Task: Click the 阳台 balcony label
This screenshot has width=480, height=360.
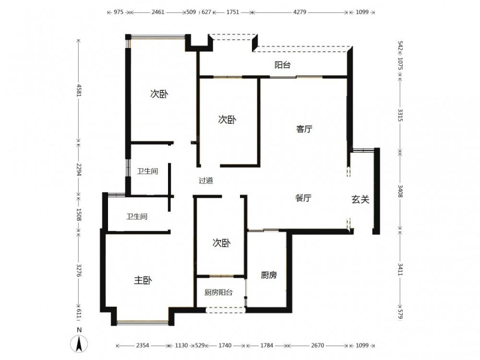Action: pos(282,65)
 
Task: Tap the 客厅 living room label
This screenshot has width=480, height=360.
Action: pos(304,129)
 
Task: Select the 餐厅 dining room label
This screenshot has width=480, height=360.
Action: pos(303,198)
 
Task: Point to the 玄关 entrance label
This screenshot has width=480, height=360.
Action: pos(360,200)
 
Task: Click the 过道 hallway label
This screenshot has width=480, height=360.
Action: pos(206,180)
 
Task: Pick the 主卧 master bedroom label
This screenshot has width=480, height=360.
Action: pos(143,280)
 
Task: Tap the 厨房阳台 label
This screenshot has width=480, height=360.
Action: pos(218,292)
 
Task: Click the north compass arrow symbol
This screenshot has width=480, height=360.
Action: pos(79,344)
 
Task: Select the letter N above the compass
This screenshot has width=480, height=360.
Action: pos(79,330)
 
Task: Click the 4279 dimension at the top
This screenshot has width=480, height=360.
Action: pos(300,12)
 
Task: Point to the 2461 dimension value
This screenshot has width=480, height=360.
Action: pos(158,12)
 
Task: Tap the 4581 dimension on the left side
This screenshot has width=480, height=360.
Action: pos(79,90)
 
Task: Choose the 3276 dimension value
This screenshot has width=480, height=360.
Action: pos(79,271)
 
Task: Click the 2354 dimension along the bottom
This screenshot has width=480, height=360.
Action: pos(143,345)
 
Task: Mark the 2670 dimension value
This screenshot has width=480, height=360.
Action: pos(317,345)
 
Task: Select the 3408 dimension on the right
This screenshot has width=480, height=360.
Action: pos(400,191)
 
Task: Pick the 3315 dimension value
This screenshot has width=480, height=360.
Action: pos(400,115)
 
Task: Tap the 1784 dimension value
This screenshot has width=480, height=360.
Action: pos(266,345)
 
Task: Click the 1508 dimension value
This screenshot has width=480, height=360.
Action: pos(79,215)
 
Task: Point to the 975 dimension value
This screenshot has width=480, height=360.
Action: pos(119,12)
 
